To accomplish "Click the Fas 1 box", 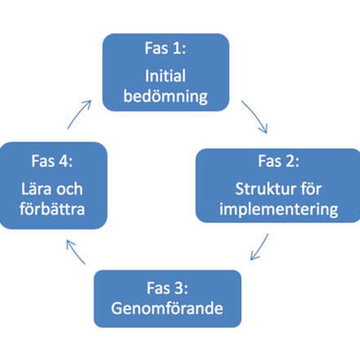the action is click(x=166, y=73).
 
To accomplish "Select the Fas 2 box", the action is click(x=278, y=185).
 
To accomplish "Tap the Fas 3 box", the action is click(x=167, y=298).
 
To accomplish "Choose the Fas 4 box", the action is click(x=54, y=185).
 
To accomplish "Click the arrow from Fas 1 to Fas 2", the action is click(x=256, y=116).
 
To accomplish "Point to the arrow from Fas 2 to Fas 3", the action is click(x=259, y=247).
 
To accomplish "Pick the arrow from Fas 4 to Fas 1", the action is click(x=79, y=114).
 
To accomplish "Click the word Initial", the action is click(x=166, y=76).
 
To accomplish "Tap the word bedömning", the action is click(x=166, y=96).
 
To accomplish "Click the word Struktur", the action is click(x=258, y=189).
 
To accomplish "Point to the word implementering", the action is click(x=279, y=209).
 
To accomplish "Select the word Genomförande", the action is click(x=167, y=308).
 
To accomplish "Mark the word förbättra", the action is click(x=52, y=209).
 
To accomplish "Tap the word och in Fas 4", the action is click(x=70, y=189).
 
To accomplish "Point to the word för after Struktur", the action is click(x=310, y=189).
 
